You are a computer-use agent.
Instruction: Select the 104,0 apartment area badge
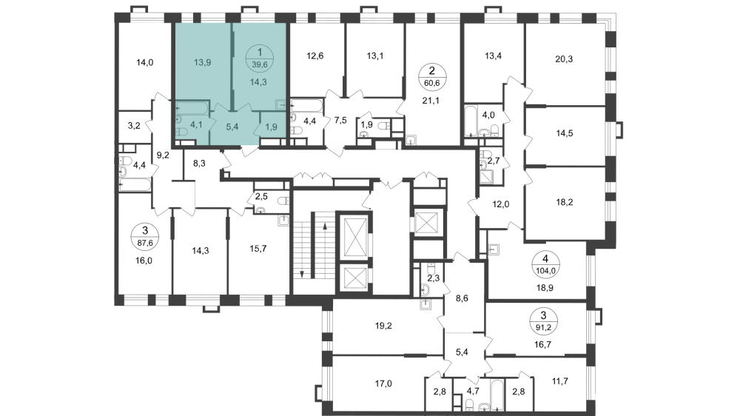point(545,264)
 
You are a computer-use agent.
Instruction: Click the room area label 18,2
point(566,200)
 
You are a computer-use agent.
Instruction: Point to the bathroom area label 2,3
point(434,278)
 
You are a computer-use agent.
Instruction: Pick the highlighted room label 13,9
point(202,62)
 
